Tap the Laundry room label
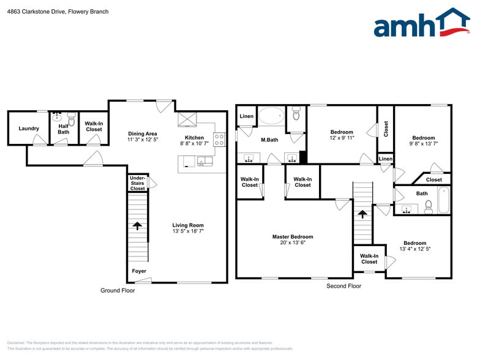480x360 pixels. (29, 129)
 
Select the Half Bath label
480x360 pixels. (64, 129)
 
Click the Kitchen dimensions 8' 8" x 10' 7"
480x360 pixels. (194, 143)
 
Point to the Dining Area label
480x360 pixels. (143, 133)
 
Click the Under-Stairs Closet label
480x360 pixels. (137, 183)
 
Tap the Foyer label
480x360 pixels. (139, 271)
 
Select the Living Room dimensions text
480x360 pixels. (188, 231)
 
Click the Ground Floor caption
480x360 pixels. (118, 290)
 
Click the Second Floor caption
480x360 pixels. (344, 286)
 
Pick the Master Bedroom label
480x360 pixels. (293, 237)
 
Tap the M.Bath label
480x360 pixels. (269, 140)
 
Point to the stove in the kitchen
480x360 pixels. (219, 138)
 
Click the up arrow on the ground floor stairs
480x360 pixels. (137, 225)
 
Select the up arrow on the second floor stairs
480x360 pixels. (362, 214)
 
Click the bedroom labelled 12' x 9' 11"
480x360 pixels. (342, 135)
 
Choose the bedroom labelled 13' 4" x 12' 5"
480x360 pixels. (414, 246)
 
